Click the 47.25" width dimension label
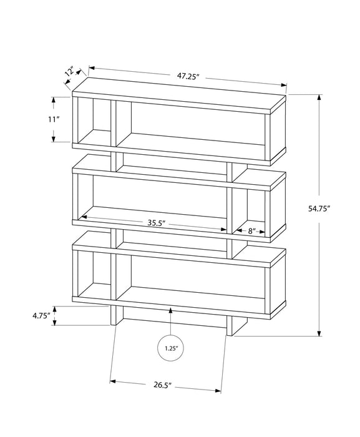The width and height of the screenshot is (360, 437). pyautogui.click(x=187, y=76)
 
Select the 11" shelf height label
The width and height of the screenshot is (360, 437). pyautogui.click(x=54, y=119)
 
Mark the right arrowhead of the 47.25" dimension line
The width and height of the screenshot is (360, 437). pyautogui.click(x=285, y=86)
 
